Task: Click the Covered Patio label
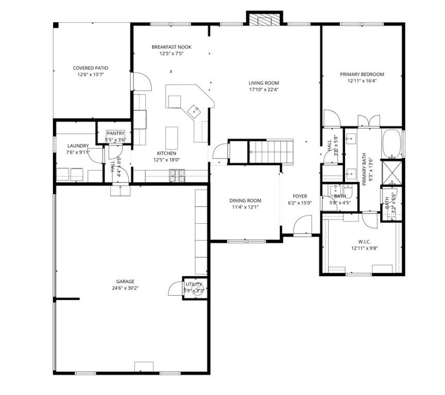90,68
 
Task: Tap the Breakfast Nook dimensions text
171,53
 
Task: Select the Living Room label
263,83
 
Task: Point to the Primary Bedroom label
362,74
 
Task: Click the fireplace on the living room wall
264,19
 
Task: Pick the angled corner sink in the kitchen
194,110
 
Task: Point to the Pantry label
115,134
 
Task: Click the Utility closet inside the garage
194,287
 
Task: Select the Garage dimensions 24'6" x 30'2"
125,288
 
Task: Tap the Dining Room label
245,201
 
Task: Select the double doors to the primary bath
369,121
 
